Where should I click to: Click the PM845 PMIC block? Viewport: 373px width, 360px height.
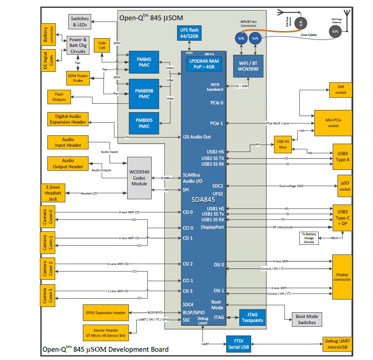click(144, 63)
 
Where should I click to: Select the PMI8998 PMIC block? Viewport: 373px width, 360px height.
click(144, 94)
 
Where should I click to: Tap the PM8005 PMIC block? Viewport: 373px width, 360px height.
click(144, 123)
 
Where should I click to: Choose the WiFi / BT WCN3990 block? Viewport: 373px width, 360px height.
click(248, 67)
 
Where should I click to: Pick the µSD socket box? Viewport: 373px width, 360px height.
click(345, 186)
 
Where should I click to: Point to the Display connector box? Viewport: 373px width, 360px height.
click(342, 276)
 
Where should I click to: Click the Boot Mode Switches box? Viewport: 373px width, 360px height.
click(307, 319)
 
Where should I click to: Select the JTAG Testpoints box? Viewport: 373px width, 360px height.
click(252, 318)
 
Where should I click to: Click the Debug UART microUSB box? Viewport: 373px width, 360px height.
click(337, 344)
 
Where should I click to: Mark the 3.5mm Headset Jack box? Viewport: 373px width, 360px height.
click(53, 193)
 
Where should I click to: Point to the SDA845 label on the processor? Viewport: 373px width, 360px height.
click(203, 199)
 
